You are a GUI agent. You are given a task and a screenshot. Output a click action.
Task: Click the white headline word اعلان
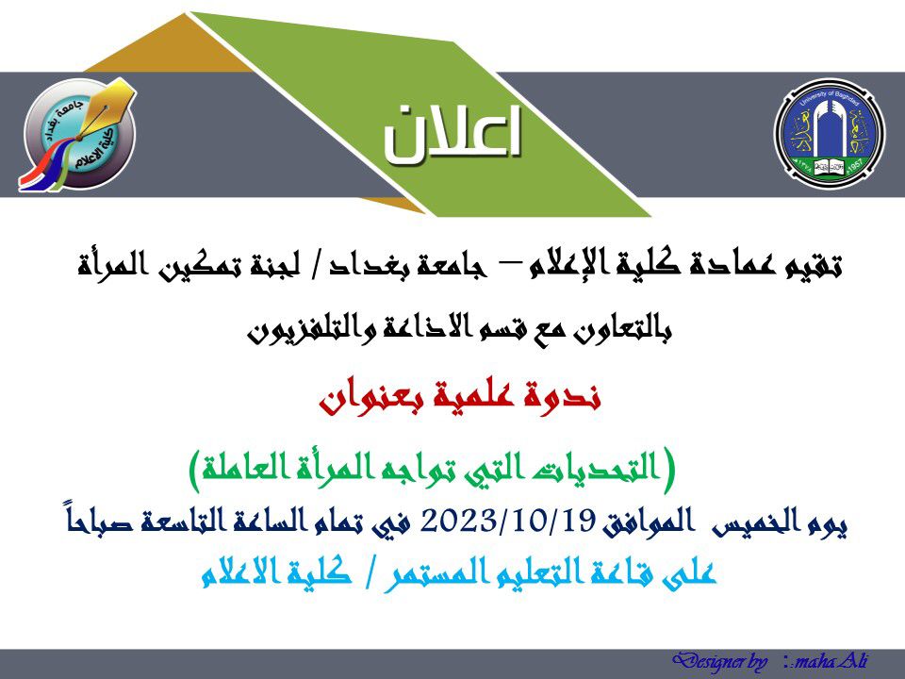coord(452,134)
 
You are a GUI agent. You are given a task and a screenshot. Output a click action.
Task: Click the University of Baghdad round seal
coord(829,133)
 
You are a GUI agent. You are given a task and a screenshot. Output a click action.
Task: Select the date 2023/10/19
coord(507,522)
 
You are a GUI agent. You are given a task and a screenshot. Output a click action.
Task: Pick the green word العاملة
coord(244,469)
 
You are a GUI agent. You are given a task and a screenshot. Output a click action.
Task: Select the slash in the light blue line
coord(370,575)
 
